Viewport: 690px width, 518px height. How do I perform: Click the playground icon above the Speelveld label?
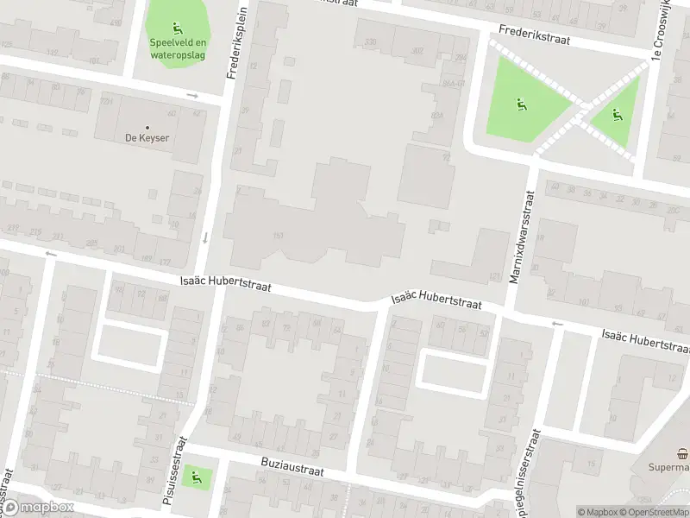[178, 27]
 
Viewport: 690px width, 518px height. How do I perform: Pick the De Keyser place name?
[147, 138]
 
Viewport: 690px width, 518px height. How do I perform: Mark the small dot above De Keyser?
[147, 127]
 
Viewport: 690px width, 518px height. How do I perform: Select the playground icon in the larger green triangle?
[521, 104]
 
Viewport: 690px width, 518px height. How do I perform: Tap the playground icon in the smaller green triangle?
[616, 115]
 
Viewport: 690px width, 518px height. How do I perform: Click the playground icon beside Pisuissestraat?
[198, 474]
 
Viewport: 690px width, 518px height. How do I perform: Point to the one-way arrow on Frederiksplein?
[206, 237]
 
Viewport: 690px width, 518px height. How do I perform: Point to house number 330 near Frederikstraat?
[371, 41]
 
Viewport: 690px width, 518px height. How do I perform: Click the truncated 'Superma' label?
[669, 467]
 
